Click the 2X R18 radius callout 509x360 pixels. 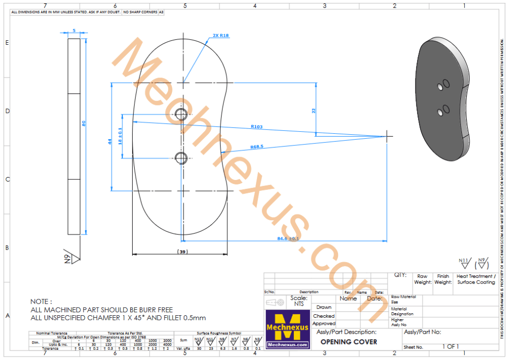pos(220,36)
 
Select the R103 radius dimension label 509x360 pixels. pos(256,127)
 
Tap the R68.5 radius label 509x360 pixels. pos(256,147)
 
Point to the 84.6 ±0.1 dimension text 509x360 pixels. pos(288,239)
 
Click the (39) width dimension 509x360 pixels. pos(182,252)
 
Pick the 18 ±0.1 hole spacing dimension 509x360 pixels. pos(119,136)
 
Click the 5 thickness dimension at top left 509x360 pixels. pos(74,31)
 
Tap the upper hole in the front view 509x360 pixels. pos(181,114)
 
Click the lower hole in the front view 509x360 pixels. pos(181,158)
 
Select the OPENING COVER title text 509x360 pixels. pos(348,342)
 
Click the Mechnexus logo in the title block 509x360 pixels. pos(288,328)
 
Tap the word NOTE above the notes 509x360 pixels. pos(41,301)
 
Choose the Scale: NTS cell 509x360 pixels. pos(298,301)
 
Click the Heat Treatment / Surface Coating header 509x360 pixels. pos(476,279)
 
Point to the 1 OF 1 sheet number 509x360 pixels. pos(450,347)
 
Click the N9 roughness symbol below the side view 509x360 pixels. pos(70,258)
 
